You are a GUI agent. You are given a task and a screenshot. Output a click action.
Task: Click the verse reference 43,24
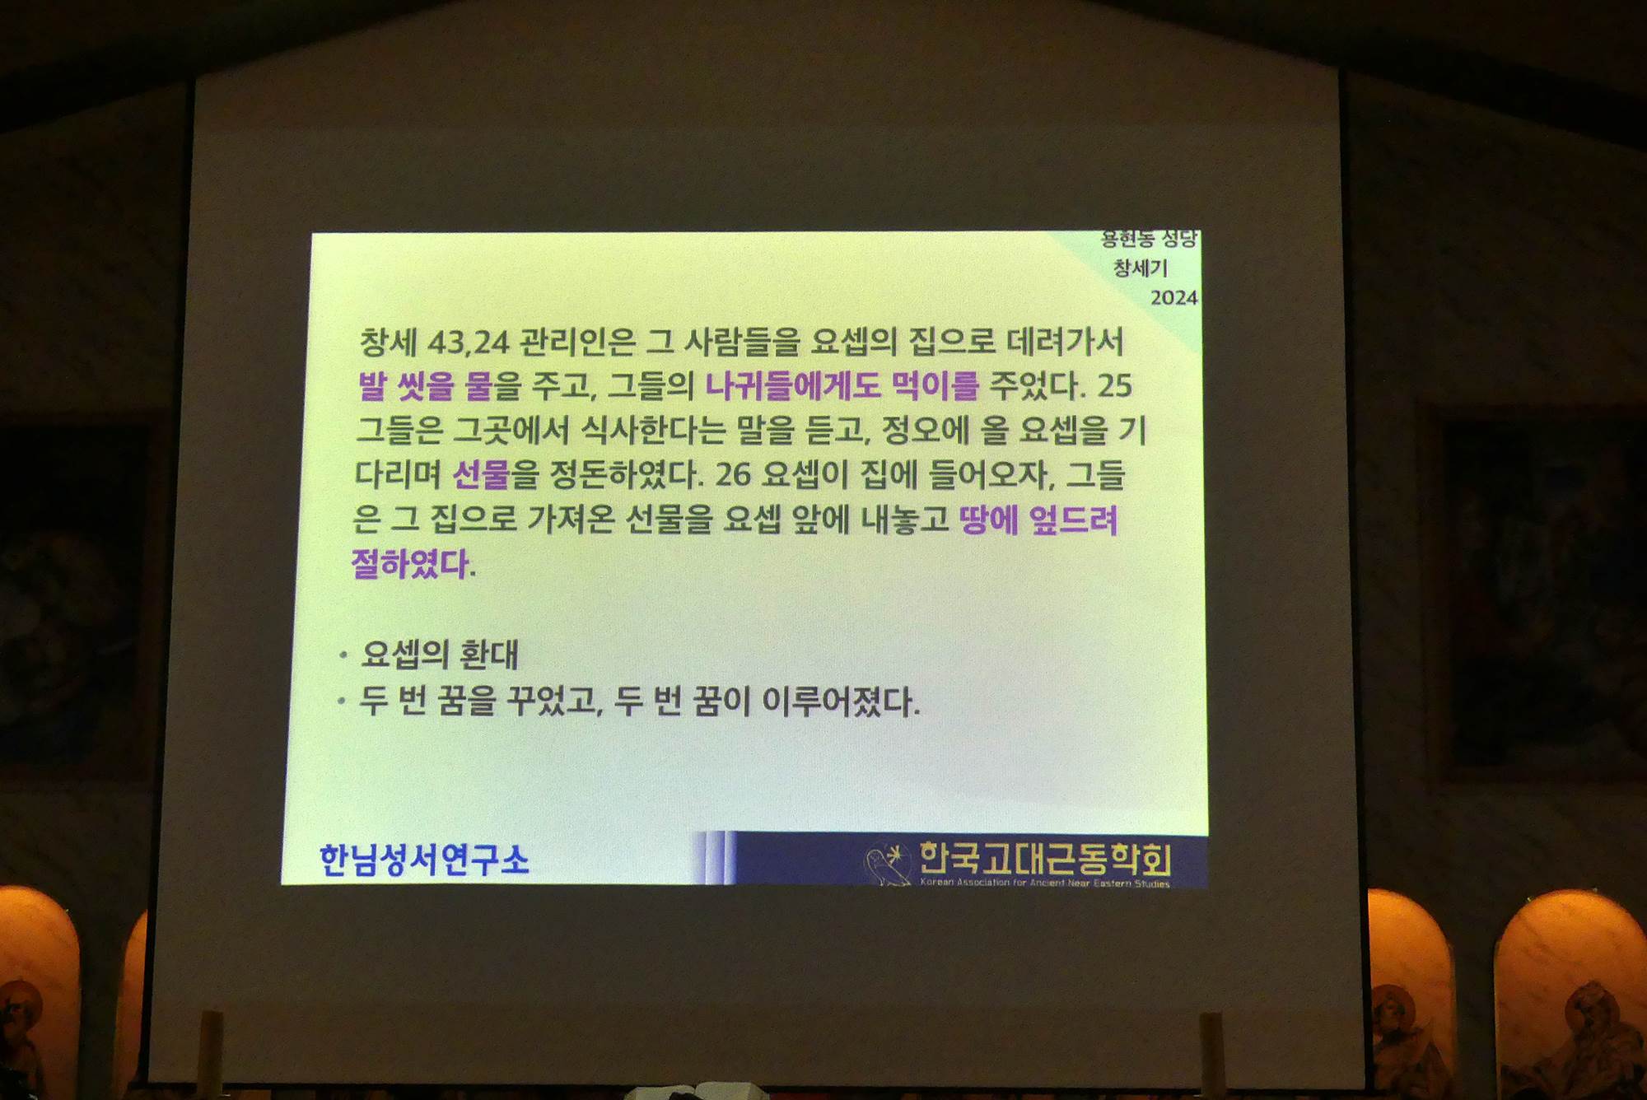[469, 342]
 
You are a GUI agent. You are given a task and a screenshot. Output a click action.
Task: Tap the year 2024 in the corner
[1173, 297]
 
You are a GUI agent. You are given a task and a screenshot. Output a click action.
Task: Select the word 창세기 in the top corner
[1141, 268]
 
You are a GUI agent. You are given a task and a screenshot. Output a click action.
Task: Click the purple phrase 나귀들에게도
[793, 385]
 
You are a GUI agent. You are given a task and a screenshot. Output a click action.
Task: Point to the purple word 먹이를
[935, 385]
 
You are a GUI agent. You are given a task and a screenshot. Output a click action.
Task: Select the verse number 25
[1114, 385]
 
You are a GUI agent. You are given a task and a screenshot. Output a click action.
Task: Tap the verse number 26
[733, 474]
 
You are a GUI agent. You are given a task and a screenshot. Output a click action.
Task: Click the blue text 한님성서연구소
[424, 860]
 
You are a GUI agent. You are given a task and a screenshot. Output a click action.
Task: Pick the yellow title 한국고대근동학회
[1044, 858]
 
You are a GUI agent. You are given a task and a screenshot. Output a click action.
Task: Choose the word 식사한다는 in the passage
[653, 429]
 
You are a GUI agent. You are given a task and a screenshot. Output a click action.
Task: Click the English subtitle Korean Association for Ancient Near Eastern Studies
[1044, 883]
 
